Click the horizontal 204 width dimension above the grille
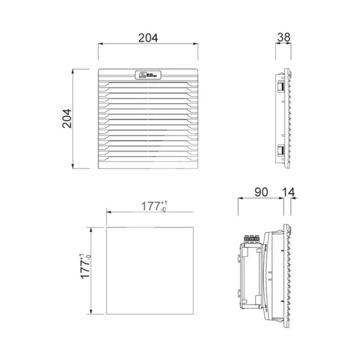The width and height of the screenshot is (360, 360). coord(148,38)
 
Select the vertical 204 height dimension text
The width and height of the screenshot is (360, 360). coord(67,118)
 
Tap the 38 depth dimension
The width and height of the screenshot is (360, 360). coord(283,37)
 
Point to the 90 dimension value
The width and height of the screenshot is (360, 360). coord(261,192)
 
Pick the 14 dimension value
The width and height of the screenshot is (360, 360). coord(288,192)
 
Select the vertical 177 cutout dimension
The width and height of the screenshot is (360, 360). coord(85,267)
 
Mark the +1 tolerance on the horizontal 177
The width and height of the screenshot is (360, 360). coord(164,203)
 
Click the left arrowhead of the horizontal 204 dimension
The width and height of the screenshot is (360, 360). coord(100,44)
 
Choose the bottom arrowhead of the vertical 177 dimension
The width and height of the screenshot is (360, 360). coord(89,312)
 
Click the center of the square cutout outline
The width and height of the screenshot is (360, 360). coord(150,271)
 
